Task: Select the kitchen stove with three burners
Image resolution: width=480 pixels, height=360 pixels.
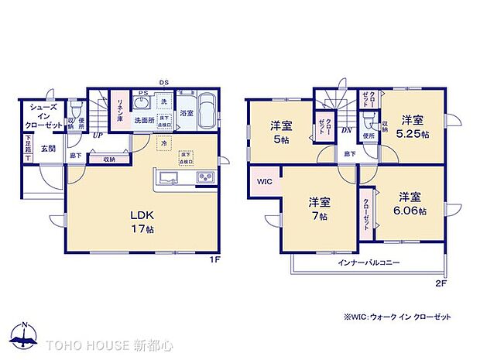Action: (207, 178)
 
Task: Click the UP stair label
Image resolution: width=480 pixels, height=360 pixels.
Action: (98, 135)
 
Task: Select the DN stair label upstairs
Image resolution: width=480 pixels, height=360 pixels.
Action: (346, 130)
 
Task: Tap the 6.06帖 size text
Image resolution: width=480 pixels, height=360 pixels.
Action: (410, 209)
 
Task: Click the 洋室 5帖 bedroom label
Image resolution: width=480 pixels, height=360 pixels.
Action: (280, 132)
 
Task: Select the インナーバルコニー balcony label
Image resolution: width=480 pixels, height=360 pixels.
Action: (369, 263)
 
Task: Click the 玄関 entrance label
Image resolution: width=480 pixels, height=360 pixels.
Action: (48, 148)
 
